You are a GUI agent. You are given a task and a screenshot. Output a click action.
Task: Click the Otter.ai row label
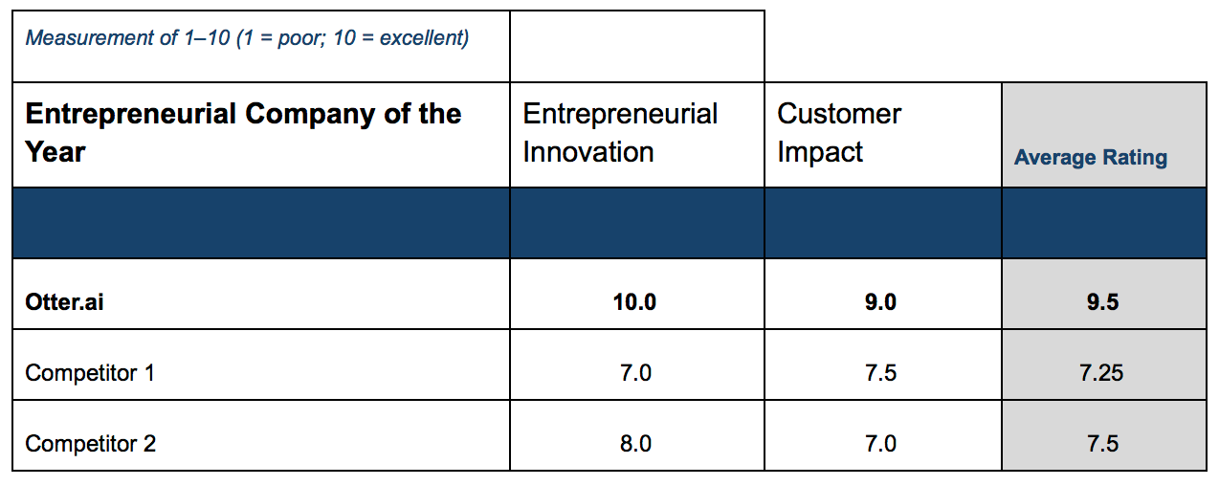64,302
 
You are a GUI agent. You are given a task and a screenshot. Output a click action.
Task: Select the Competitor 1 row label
90,373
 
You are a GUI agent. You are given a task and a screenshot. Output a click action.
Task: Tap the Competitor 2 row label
90,444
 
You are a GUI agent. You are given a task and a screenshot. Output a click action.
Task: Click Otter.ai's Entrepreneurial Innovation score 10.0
634,302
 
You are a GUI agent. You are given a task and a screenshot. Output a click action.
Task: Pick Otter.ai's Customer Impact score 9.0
880,302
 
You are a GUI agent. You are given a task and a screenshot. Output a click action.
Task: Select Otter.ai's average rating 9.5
1102,302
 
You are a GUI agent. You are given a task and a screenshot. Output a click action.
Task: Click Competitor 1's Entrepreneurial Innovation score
635,373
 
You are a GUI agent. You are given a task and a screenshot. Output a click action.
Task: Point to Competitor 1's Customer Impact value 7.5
880,373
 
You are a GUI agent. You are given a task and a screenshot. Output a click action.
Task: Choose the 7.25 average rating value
1101,373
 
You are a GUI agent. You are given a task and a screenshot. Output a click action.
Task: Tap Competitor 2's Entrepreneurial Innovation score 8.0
635,444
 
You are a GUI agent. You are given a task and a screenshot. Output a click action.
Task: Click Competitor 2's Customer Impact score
880,444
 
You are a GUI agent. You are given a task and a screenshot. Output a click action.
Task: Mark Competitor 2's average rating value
1102,444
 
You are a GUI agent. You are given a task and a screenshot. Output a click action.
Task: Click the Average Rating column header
1091,158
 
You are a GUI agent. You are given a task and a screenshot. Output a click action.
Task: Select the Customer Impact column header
839,133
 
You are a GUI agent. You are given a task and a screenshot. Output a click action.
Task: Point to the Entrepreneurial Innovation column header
620,133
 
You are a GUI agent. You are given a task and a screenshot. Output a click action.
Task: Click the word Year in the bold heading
55,152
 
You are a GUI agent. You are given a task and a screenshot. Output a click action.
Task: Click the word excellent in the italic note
424,38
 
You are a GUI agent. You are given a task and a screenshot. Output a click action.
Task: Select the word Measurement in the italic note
89,38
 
